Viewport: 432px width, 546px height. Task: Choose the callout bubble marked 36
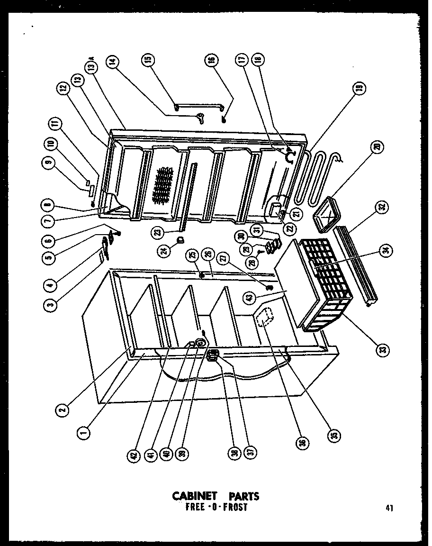click(x=302, y=443)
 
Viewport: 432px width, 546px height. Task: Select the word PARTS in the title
click(x=242, y=497)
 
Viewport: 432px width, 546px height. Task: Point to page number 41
click(x=389, y=508)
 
